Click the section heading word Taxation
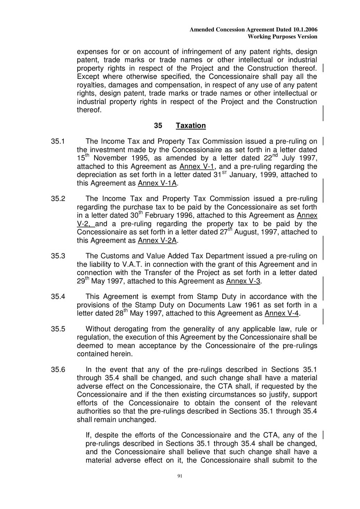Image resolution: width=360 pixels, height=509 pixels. [x=191, y=126]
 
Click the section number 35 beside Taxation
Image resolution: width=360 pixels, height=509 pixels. [x=158, y=126]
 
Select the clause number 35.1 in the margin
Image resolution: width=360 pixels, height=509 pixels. [x=58, y=142]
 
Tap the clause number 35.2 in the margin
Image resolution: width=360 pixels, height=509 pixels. [x=58, y=199]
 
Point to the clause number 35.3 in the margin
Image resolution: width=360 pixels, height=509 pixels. [x=58, y=256]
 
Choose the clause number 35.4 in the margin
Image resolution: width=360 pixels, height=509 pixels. [x=58, y=297]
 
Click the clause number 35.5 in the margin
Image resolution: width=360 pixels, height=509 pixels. [x=58, y=329]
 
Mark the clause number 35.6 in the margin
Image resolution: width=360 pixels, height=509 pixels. [x=58, y=370]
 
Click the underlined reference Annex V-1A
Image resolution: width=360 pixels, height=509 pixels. [x=157, y=183]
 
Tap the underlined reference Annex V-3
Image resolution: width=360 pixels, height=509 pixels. [x=243, y=281]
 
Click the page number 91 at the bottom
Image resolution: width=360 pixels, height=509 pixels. [x=180, y=476]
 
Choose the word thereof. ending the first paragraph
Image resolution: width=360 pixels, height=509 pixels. [x=89, y=110]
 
